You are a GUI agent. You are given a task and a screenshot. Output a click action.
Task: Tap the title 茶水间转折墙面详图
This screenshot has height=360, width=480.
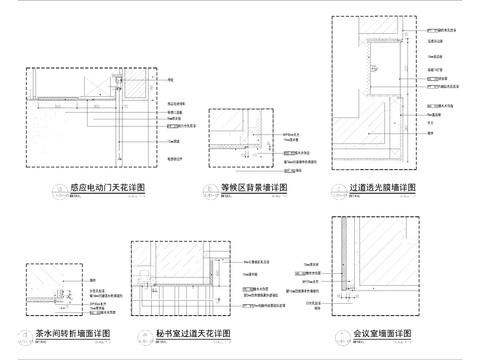click(72, 333)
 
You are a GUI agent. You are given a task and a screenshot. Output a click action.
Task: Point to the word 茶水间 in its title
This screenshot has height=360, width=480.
click(50, 333)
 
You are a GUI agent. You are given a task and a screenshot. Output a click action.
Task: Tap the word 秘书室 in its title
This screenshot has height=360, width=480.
click(168, 333)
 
